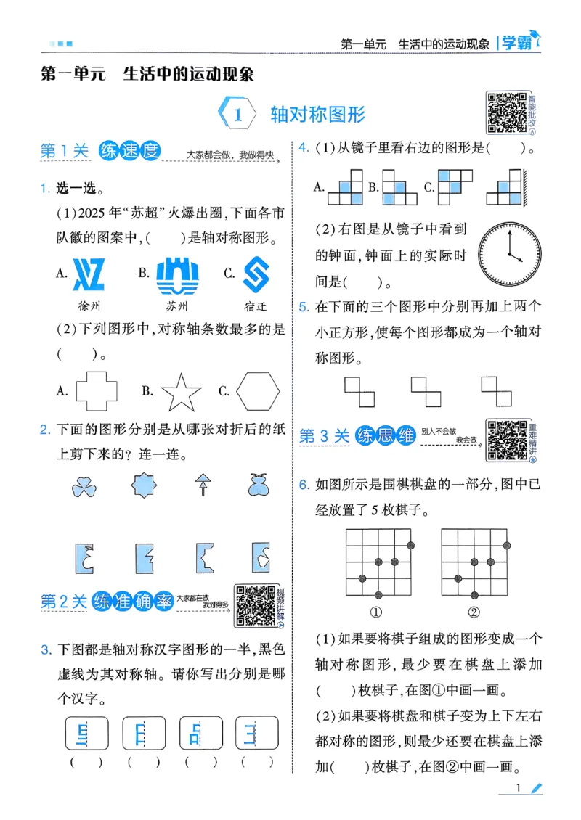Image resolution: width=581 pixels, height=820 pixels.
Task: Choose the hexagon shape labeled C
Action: click(x=257, y=392)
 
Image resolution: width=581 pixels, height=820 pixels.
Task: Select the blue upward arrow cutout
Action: click(x=200, y=485)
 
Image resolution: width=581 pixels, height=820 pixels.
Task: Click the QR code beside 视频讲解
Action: click(x=255, y=606)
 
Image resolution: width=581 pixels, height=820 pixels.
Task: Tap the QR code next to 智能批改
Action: click(x=505, y=112)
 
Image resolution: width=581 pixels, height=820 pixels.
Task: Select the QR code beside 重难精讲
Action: click(x=506, y=440)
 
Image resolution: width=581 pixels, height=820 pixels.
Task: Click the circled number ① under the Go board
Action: click(x=376, y=612)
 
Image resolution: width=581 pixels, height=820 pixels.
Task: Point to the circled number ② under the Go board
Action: click(x=474, y=612)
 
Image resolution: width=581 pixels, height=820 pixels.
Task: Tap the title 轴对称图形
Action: click(x=317, y=115)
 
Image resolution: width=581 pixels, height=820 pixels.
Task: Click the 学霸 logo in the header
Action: click(x=517, y=43)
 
